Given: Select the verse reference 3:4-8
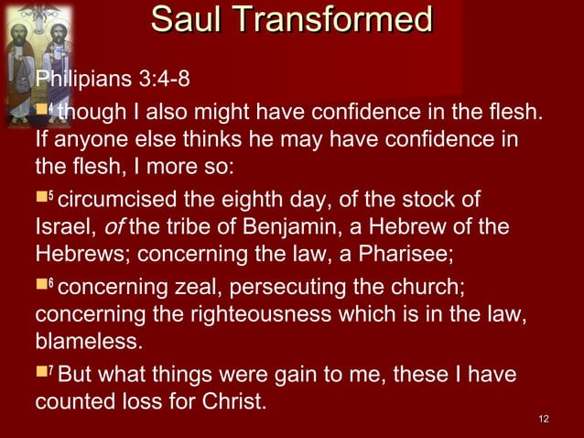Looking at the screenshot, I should coord(165,77).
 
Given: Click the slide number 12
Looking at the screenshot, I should coord(545,420).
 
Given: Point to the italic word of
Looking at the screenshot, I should coord(100,226).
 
